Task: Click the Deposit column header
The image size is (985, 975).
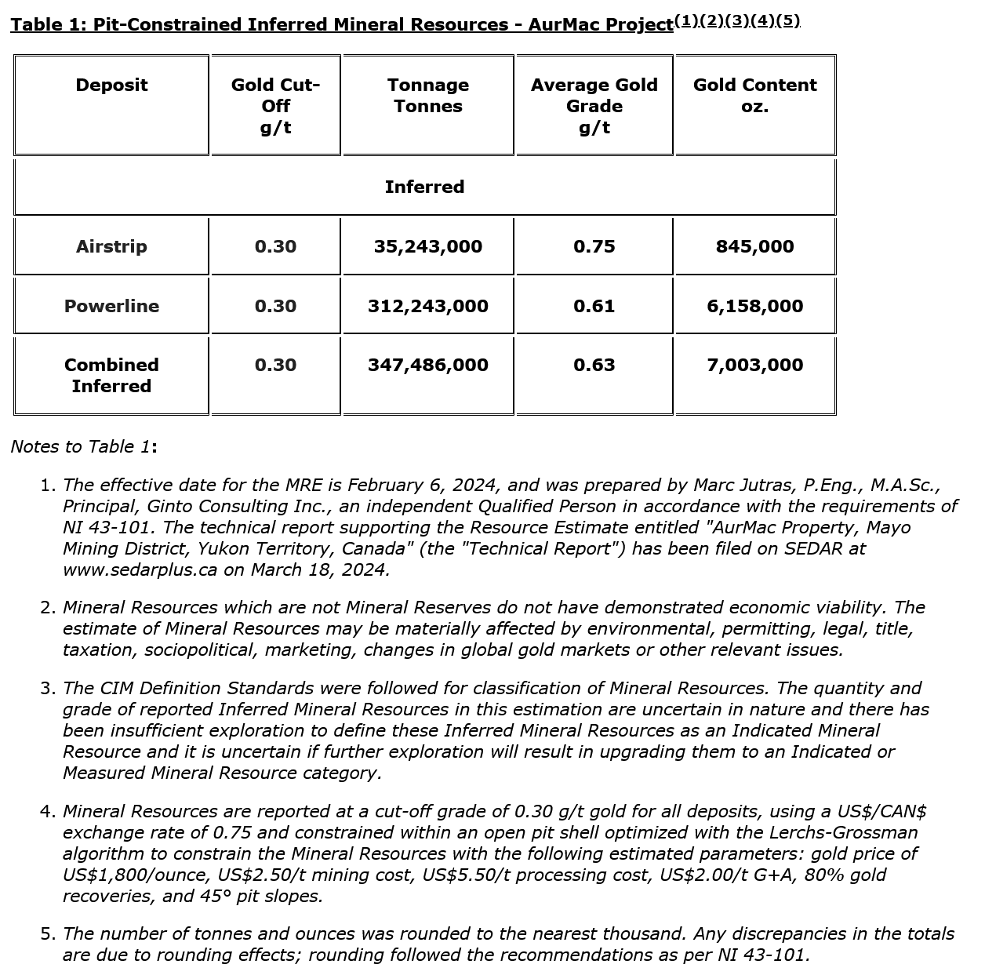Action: click(x=111, y=85)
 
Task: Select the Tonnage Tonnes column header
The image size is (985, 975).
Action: click(x=428, y=96)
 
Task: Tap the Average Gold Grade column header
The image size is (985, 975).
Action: click(x=594, y=106)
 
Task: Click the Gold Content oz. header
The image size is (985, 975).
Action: click(x=754, y=96)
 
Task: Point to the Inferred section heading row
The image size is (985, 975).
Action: click(x=424, y=187)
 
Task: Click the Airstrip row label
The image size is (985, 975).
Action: click(x=111, y=246)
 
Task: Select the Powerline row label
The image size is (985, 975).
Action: click(x=111, y=306)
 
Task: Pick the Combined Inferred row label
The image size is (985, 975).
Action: click(x=111, y=375)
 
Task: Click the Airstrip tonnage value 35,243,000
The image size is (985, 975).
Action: click(x=428, y=246)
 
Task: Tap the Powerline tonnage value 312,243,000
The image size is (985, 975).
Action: click(x=428, y=306)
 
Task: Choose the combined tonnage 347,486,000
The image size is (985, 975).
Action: click(x=428, y=365)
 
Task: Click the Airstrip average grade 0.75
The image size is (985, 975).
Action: click(x=594, y=246)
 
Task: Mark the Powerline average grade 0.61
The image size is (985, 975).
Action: click(x=594, y=306)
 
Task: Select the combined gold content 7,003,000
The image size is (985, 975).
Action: click(x=754, y=365)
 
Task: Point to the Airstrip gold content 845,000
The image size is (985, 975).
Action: click(x=754, y=246)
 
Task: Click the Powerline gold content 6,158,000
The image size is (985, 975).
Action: click(x=754, y=306)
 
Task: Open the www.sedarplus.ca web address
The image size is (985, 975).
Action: click(x=140, y=570)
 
